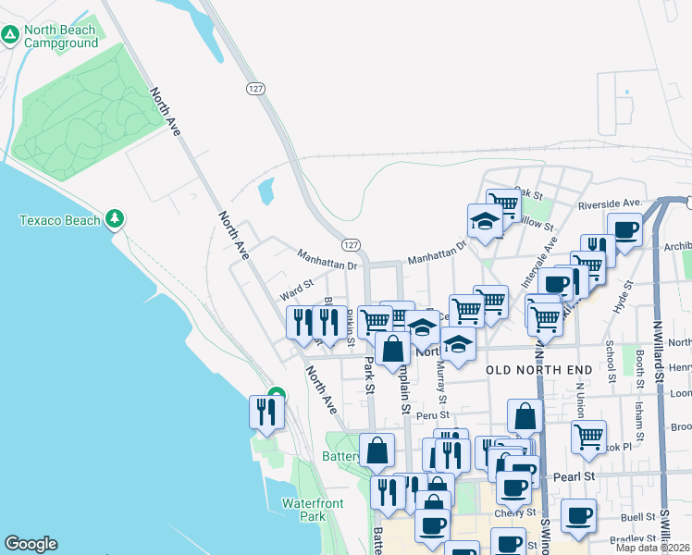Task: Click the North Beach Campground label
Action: (x=61, y=36)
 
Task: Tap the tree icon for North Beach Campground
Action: (x=10, y=35)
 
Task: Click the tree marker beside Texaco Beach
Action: (x=115, y=219)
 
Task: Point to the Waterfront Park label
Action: (x=313, y=510)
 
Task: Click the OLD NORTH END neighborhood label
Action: (x=538, y=370)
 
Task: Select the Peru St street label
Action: (x=431, y=415)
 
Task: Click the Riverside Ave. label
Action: (x=610, y=203)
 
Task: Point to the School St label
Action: (x=611, y=361)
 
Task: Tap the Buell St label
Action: (x=637, y=518)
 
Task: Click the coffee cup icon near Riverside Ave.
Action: (x=624, y=229)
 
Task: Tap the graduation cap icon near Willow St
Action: (x=484, y=220)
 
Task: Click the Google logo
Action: (x=31, y=544)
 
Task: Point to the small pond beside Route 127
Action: (x=266, y=191)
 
